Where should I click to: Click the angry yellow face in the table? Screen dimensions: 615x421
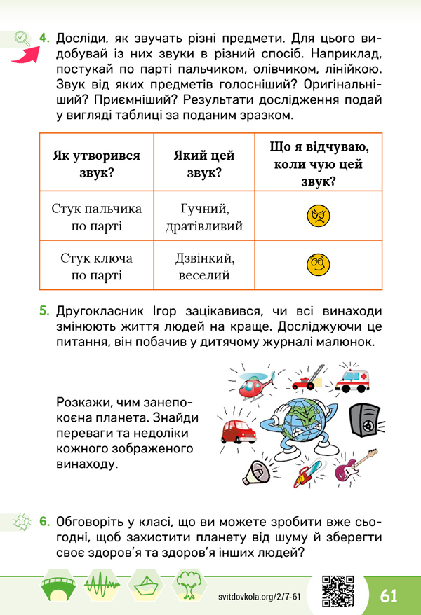coord(318,216)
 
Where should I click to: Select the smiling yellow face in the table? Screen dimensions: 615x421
coord(318,264)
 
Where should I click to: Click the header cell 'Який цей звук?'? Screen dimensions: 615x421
coord(204,163)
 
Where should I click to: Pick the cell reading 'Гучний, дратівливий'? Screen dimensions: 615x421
coord(204,217)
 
